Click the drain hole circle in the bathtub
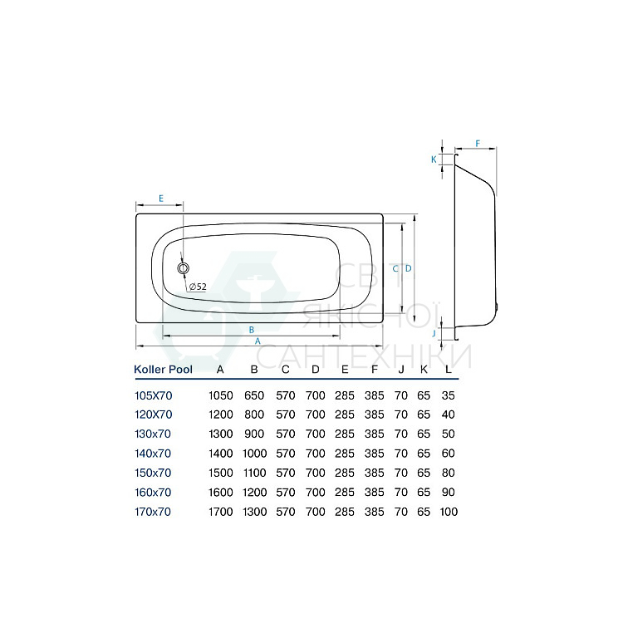(184, 268)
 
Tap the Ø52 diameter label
(198, 287)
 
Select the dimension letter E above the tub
(160, 199)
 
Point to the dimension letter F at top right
(478, 144)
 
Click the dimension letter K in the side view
(434, 159)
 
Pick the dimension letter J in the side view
(434, 334)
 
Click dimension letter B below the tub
(252, 330)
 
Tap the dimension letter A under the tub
(258, 341)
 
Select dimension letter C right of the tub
(396, 268)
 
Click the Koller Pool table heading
(164, 370)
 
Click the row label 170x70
(153, 512)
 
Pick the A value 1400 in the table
(220, 453)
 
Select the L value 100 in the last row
(449, 512)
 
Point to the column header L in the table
(449, 370)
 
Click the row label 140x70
(153, 453)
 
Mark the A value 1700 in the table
(220, 512)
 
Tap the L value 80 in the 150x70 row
(449, 473)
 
